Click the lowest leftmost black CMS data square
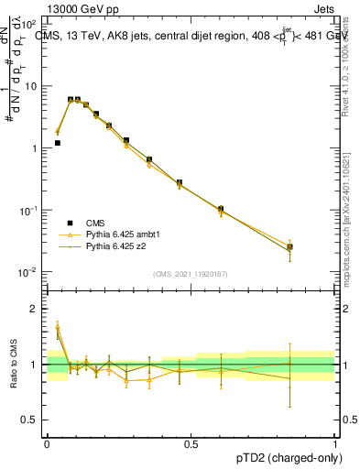click(x=58, y=143)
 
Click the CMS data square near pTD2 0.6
click(x=221, y=210)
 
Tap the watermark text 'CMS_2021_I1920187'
click(x=190, y=275)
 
